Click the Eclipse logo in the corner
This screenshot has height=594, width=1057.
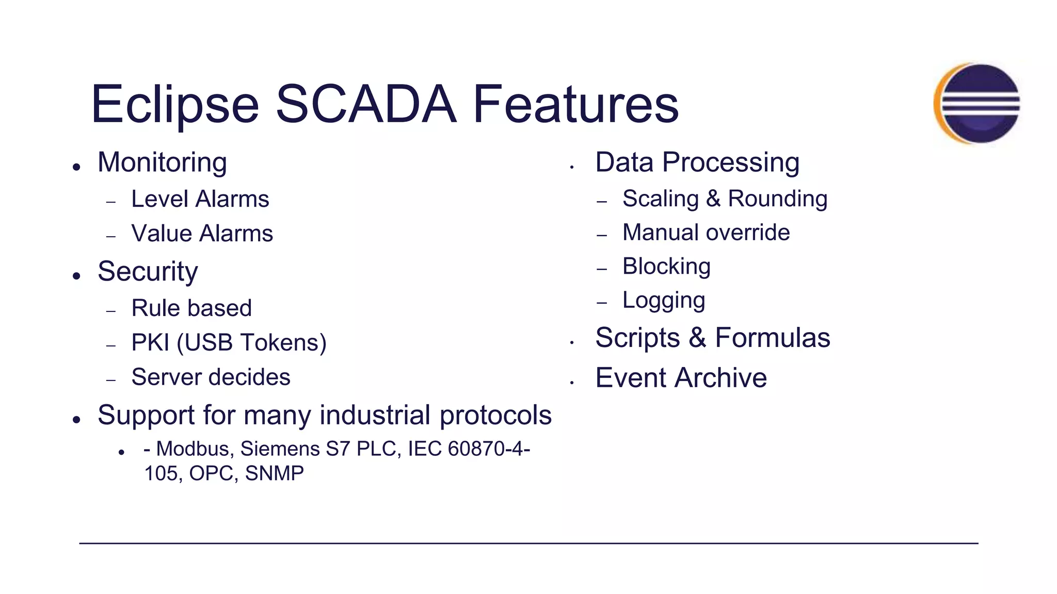(x=977, y=103)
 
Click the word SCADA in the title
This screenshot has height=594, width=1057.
(x=366, y=105)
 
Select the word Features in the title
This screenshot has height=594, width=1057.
(x=575, y=105)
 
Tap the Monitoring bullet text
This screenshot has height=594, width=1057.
(x=162, y=162)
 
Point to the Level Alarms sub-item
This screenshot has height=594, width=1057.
(x=200, y=199)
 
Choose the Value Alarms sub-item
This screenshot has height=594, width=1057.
(x=202, y=234)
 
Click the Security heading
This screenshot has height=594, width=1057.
(x=148, y=271)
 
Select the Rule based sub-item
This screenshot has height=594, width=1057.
(x=191, y=308)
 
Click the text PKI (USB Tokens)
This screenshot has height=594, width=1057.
(x=229, y=343)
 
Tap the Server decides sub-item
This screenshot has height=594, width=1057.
(x=211, y=377)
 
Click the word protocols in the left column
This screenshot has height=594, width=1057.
(x=495, y=416)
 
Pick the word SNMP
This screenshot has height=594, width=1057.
(x=274, y=473)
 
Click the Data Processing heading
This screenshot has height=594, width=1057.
(x=697, y=162)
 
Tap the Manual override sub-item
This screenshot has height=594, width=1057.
(x=706, y=233)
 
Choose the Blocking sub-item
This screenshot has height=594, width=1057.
(x=666, y=267)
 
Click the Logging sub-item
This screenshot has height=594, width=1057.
(x=663, y=301)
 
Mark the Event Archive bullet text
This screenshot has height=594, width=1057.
(x=681, y=378)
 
